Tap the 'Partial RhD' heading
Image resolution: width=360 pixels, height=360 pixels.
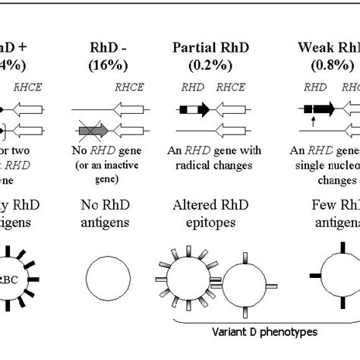tap(215, 47)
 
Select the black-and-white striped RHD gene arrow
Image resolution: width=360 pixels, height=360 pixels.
tap(194, 109)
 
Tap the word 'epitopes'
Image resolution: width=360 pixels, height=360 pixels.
tap(215, 223)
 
